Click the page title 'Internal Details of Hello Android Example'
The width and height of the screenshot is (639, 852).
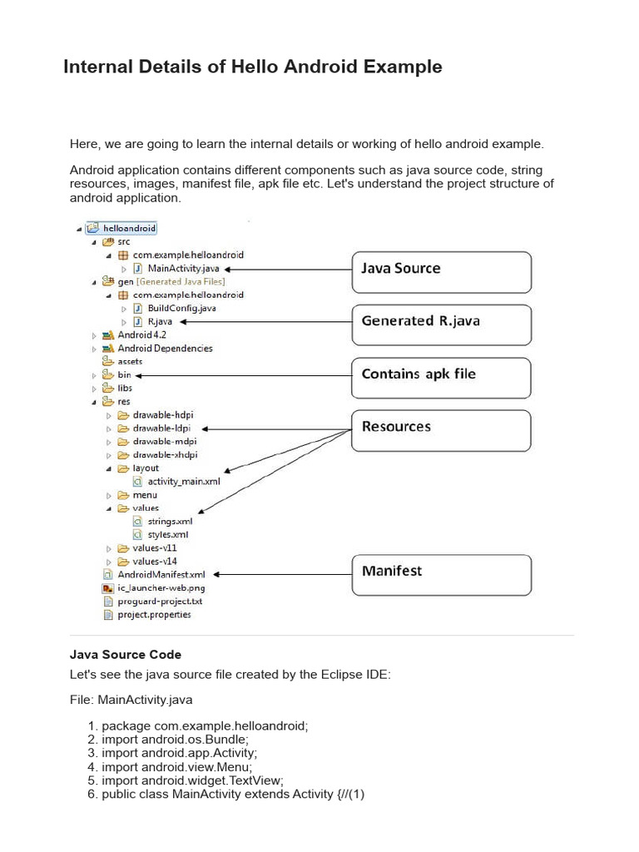(x=252, y=67)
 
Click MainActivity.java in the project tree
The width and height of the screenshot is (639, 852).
(x=183, y=269)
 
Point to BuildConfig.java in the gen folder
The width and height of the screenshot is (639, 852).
(x=181, y=308)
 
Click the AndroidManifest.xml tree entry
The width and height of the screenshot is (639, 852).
(x=161, y=574)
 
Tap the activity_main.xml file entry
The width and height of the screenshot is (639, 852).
(x=183, y=481)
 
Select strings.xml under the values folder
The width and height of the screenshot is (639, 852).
(x=169, y=521)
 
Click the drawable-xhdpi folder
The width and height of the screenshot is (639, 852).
(x=165, y=455)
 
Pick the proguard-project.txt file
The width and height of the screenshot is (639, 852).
(x=160, y=601)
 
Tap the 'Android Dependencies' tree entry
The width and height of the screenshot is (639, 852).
(x=165, y=349)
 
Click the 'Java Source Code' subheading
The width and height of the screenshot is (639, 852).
(x=126, y=655)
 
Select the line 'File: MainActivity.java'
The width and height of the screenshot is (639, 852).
(x=131, y=700)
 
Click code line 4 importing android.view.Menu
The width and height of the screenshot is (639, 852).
(x=176, y=767)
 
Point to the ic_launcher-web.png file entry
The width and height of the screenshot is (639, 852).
(x=155, y=587)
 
